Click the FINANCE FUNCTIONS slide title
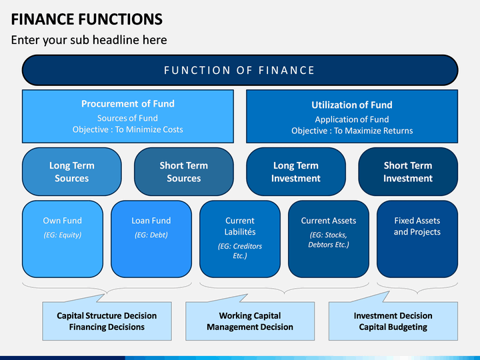[x=87, y=19]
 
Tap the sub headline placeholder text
[x=89, y=40]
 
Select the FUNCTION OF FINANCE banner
[x=240, y=70]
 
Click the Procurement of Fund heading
[x=127, y=104]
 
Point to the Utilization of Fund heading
[x=352, y=105]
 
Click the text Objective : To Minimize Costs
[x=127, y=129]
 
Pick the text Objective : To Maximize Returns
[x=352, y=131]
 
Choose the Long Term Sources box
[x=71, y=172]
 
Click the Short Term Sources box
[x=184, y=172]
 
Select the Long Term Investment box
[x=296, y=172]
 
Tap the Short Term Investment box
[x=408, y=172]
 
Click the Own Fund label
[x=63, y=221]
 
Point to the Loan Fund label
[x=151, y=221]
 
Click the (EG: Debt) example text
[x=151, y=235]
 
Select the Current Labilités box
[x=240, y=239]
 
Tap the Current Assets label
[x=329, y=221]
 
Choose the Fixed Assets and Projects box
[x=417, y=239]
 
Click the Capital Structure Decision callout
[x=107, y=321]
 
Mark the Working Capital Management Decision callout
[x=250, y=321]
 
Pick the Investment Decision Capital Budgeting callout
[x=393, y=321]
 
